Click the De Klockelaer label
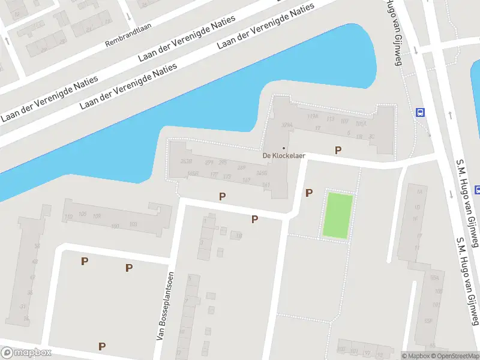[x=284, y=155]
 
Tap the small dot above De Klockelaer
[x=284, y=148]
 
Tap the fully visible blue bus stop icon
[x=421, y=112]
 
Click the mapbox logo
[x=26, y=353]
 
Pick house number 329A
[x=286, y=125]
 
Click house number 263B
[x=185, y=161]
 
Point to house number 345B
[x=261, y=173]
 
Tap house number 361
[x=266, y=184]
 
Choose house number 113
[x=329, y=119]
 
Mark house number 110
[x=68, y=217]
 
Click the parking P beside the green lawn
[x=309, y=193]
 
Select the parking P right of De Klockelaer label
[x=338, y=150]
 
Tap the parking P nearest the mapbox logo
[x=102, y=346]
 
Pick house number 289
[x=242, y=167]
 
